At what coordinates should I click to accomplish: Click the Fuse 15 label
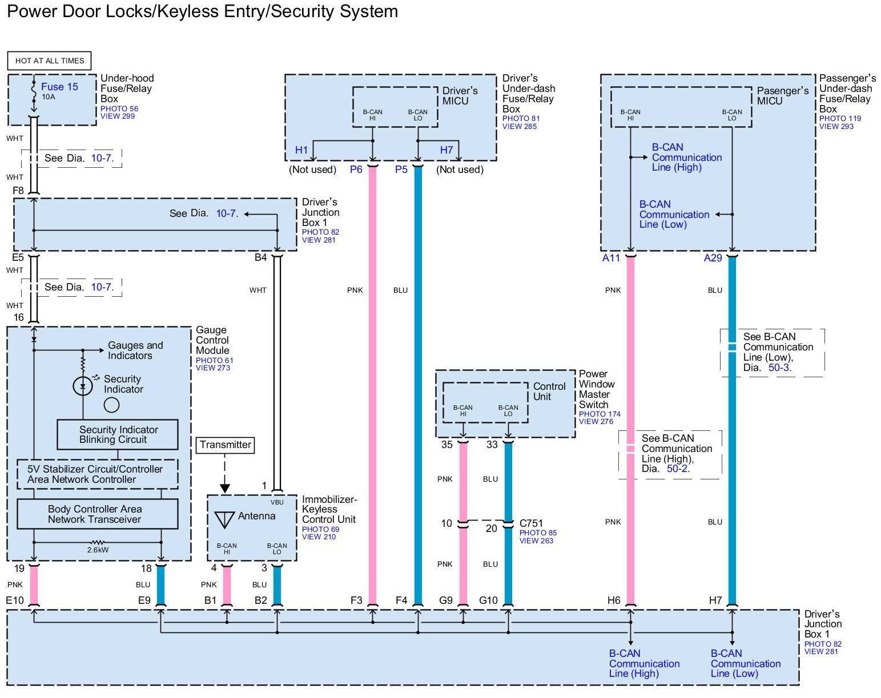click(x=59, y=87)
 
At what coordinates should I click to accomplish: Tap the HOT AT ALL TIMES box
click(x=50, y=60)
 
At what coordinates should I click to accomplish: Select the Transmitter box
click(x=226, y=445)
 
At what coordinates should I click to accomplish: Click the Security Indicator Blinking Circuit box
click(x=118, y=434)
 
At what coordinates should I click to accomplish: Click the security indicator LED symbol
click(x=83, y=386)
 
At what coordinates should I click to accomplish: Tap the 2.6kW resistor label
click(x=98, y=550)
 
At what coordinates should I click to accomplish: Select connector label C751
click(x=531, y=523)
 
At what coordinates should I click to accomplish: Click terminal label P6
click(x=356, y=170)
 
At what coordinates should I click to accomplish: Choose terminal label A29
click(x=713, y=258)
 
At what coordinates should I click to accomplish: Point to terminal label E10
click(x=15, y=600)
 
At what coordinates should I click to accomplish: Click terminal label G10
click(x=488, y=600)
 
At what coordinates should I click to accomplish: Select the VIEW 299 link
click(x=118, y=116)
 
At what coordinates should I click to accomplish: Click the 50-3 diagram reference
click(x=779, y=368)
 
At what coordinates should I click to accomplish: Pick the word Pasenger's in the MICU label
click(x=783, y=91)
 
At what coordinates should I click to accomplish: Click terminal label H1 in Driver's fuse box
click(x=301, y=150)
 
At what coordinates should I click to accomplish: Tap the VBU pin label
click(x=277, y=502)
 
